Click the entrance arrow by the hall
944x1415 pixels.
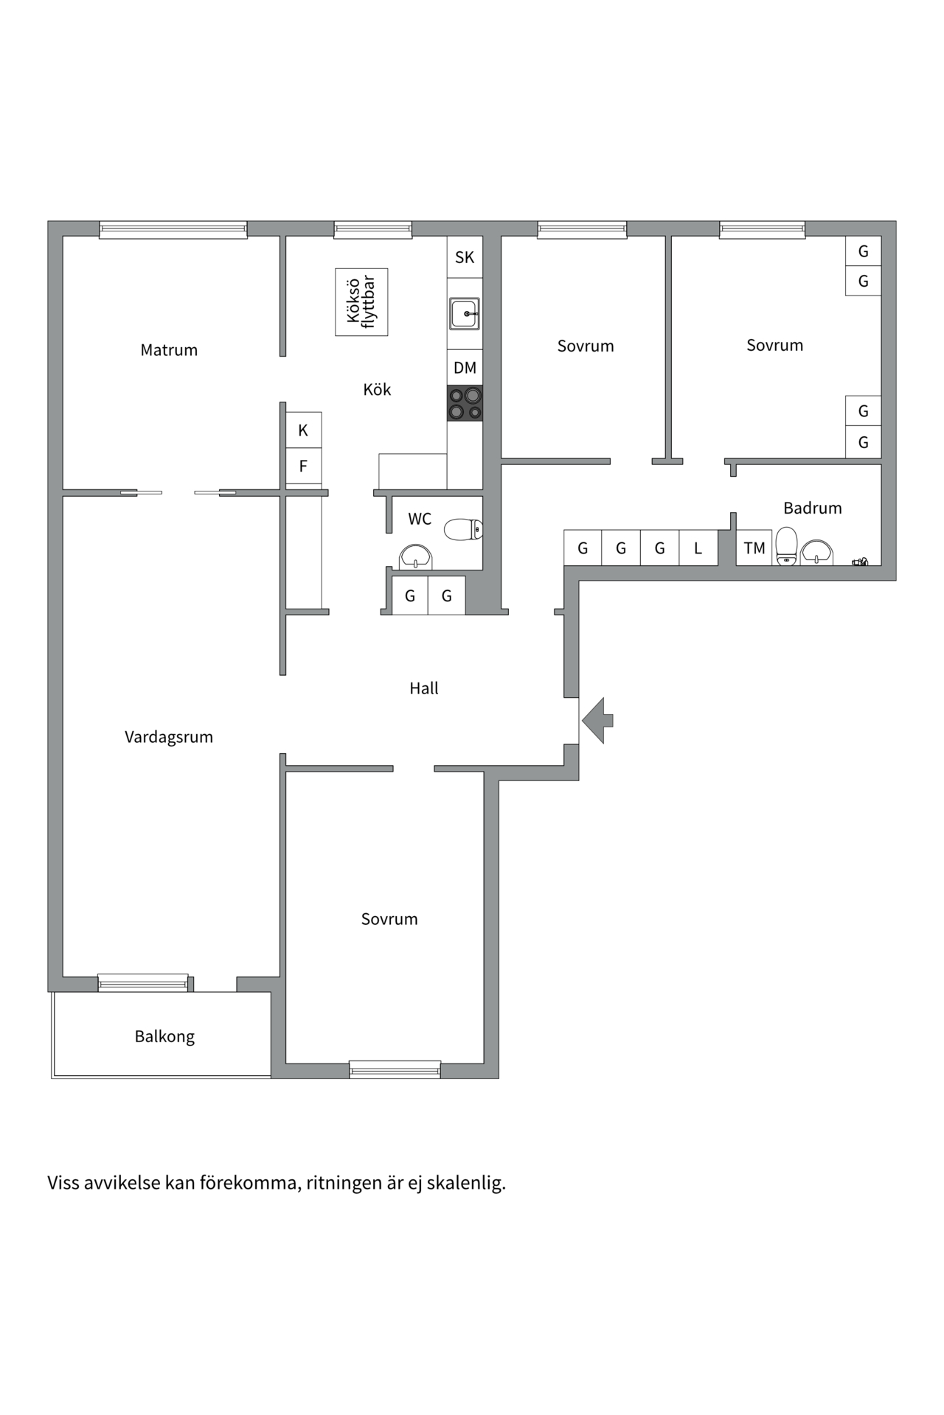598,720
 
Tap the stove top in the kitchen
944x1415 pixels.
465,403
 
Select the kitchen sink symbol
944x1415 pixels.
465,314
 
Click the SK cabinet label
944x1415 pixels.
465,257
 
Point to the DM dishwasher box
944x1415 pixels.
465,367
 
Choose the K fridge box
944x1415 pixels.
303,430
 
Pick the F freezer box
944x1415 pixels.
303,466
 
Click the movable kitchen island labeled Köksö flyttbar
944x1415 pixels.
361,302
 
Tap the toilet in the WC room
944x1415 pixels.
463,529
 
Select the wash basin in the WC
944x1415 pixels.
415,557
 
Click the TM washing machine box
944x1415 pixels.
754,548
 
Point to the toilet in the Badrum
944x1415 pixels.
787,545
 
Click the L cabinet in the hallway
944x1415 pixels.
698,548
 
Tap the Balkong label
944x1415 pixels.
164,1036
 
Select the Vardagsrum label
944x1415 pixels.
169,737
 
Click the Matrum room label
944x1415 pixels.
169,350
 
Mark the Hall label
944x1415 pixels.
424,688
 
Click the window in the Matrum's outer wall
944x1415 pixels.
173,229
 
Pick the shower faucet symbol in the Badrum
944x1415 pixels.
860,562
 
